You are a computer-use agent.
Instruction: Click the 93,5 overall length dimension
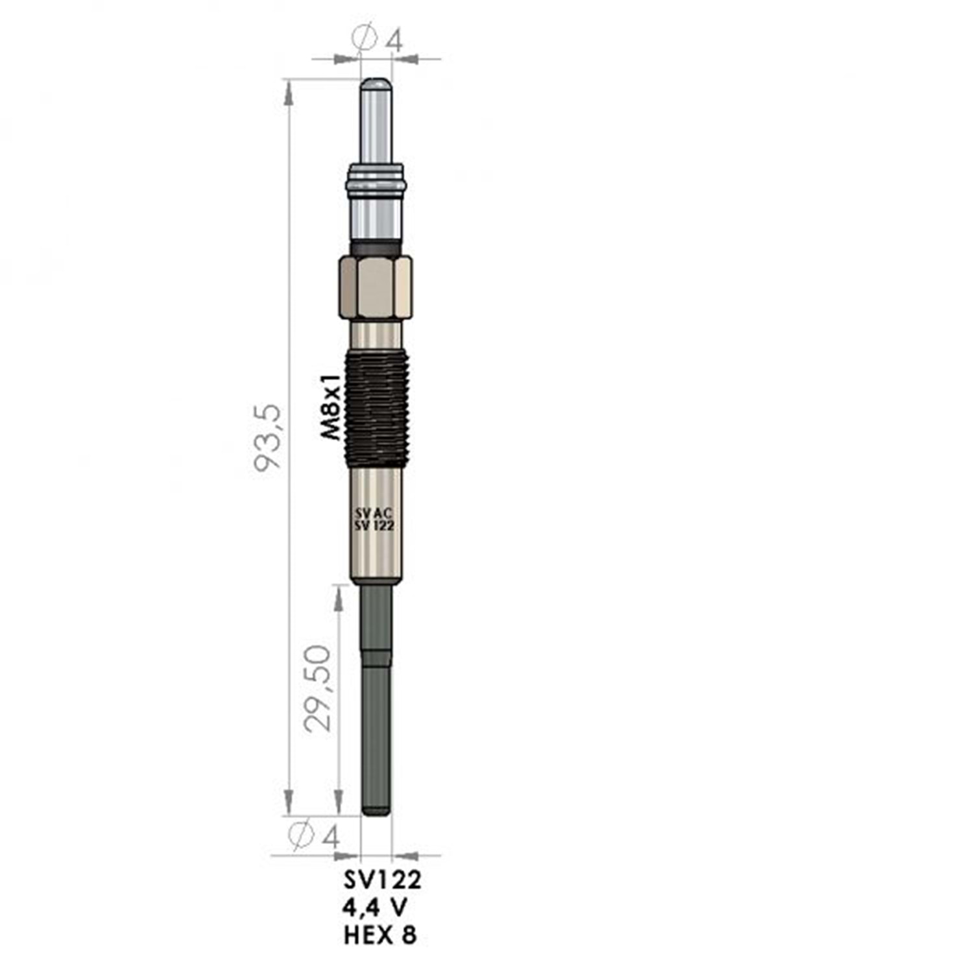(268, 437)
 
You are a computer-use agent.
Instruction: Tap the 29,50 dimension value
(318, 689)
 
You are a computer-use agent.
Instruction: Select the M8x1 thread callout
(331, 407)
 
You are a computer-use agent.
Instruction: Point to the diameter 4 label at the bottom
(313, 835)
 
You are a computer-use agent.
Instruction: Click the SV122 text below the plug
(382, 880)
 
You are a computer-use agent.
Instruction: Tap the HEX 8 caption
(381, 935)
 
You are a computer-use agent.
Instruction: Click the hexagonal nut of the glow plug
(376, 287)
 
